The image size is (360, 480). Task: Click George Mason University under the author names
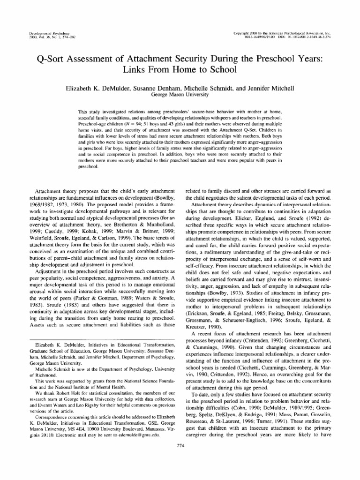click(180, 94)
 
